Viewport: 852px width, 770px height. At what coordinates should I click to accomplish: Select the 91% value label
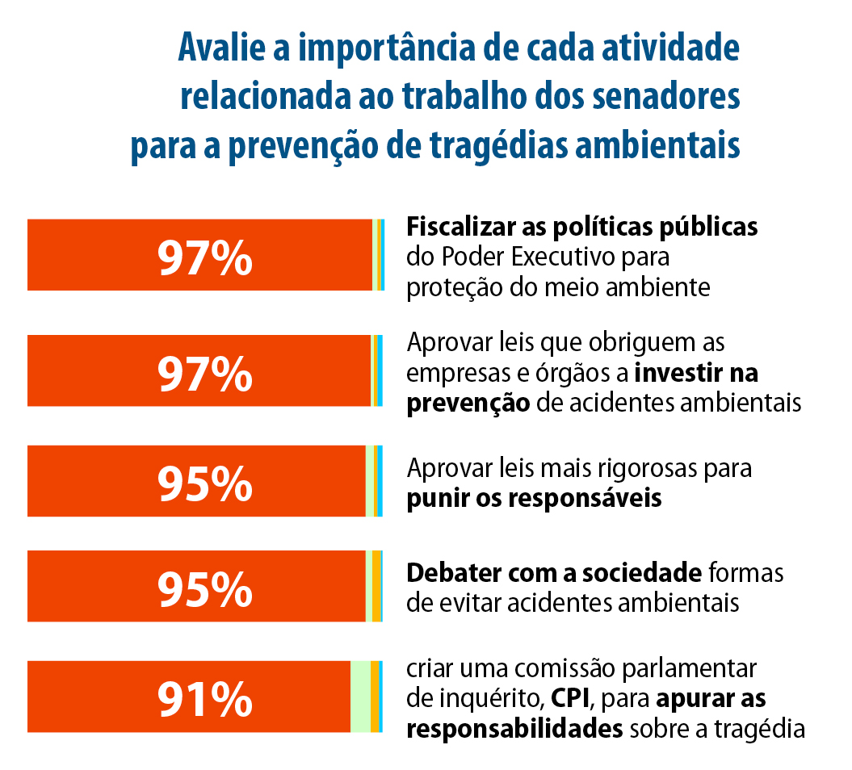point(205,698)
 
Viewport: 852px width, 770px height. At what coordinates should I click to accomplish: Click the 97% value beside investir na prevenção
point(205,372)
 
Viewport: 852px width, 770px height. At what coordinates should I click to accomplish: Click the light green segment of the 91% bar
point(360,697)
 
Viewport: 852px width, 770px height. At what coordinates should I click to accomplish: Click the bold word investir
point(678,374)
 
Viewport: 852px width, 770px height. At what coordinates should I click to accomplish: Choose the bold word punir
point(433,499)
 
